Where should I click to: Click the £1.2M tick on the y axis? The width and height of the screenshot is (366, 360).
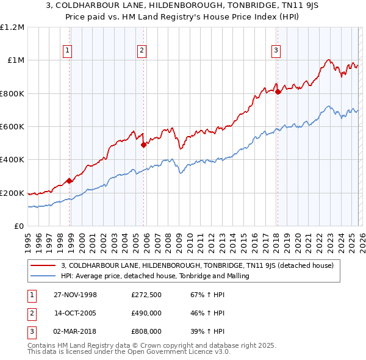point(12,27)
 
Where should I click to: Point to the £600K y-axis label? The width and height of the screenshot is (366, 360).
point(12,127)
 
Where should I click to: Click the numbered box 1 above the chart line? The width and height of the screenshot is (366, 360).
point(67,51)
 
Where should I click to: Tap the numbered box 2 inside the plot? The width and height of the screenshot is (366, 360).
point(142,51)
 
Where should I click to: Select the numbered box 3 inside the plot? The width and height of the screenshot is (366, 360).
point(276,51)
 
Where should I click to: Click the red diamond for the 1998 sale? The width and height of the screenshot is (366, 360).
point(70,181)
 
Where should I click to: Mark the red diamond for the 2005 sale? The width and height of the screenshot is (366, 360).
point(143,145)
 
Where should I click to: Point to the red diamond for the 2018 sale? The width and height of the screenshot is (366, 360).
point(278,92)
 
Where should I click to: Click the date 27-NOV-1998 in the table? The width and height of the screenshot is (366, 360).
point(75,295)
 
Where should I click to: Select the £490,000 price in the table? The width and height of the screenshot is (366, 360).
point(146,313)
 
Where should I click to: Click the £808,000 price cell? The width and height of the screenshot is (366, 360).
point(146,331)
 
